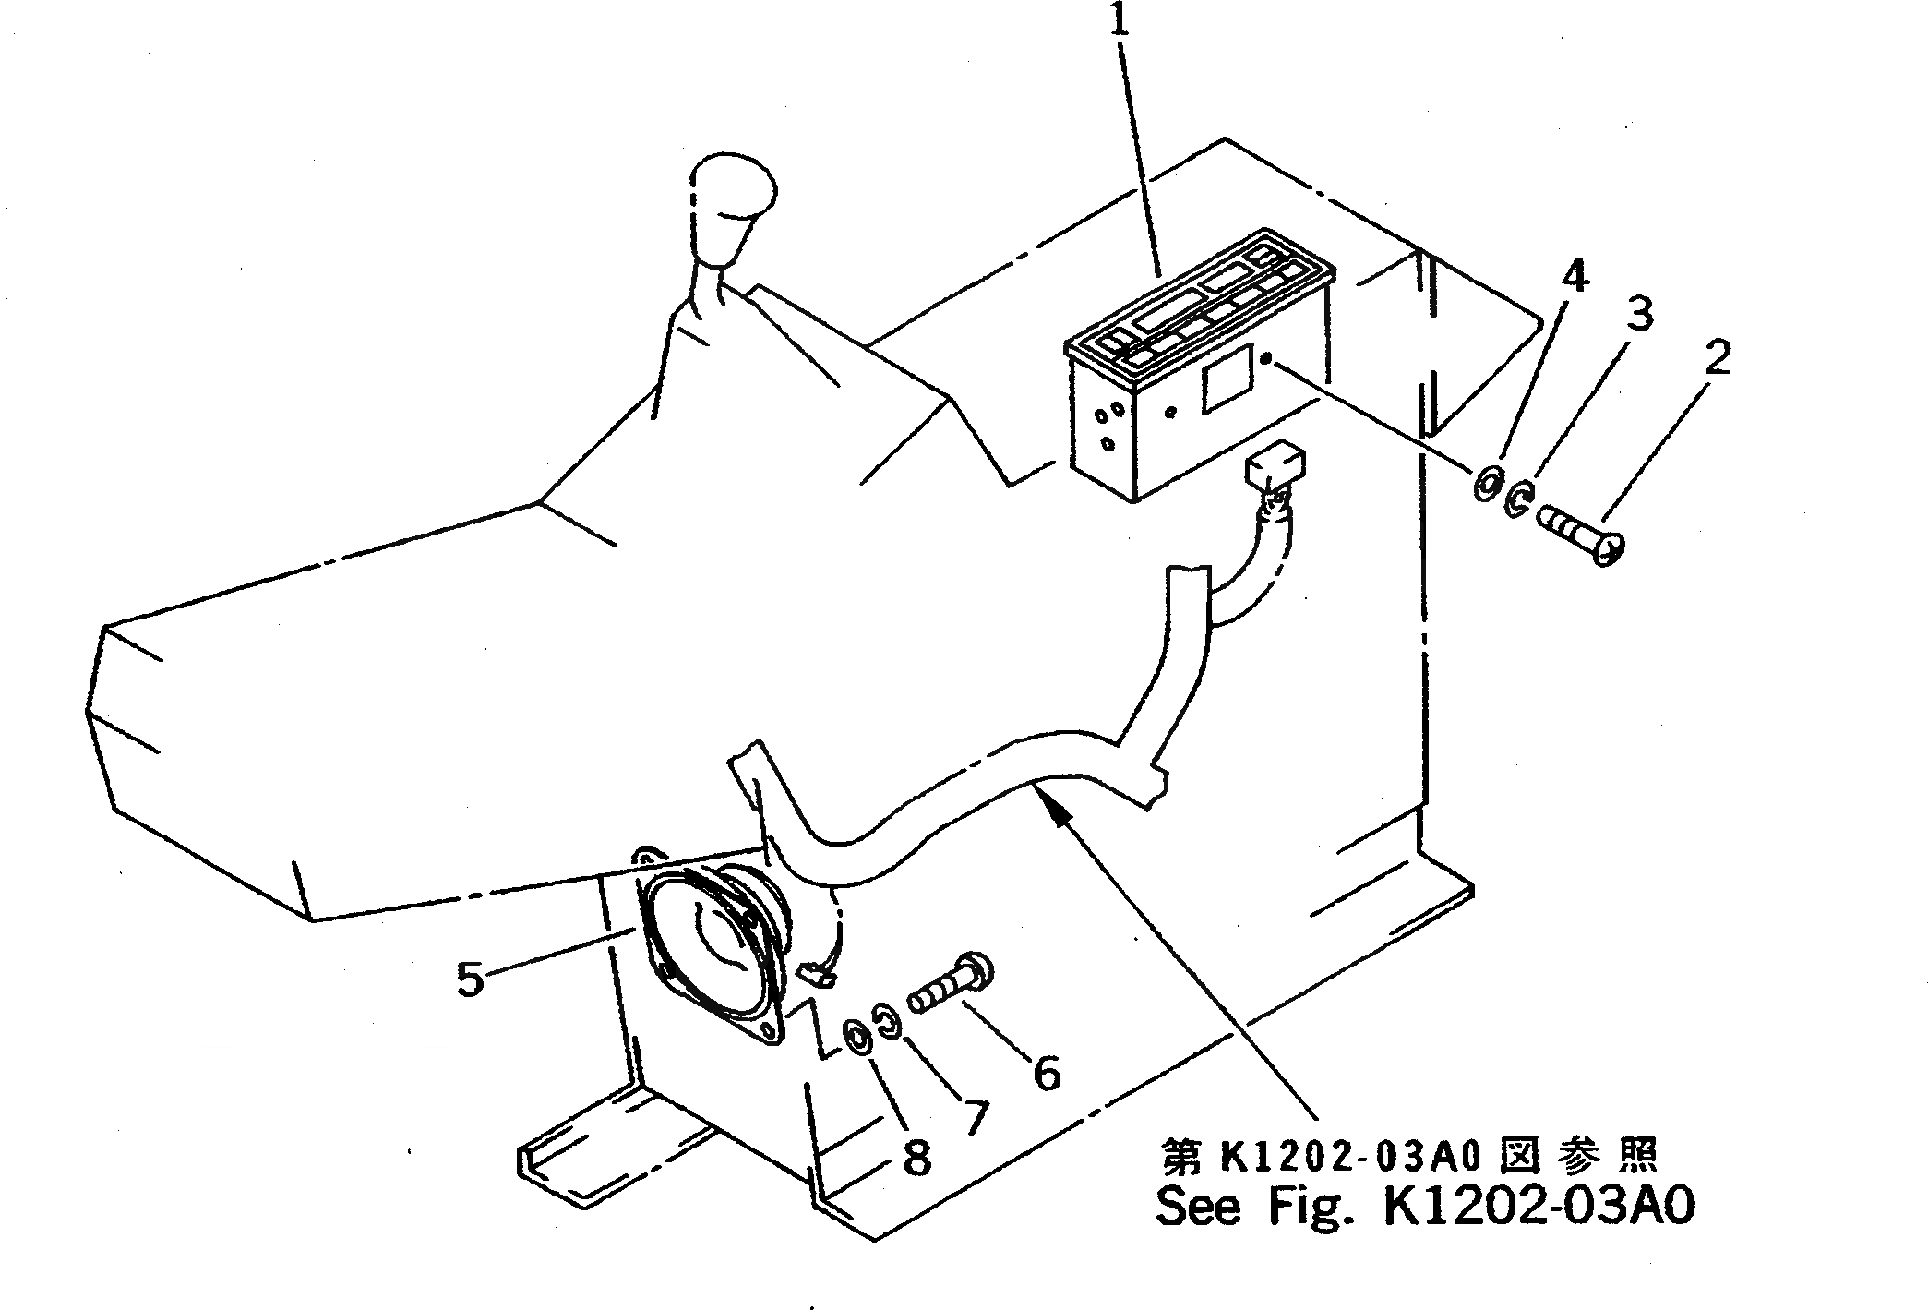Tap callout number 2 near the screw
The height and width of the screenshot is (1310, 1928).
coord(1717,358)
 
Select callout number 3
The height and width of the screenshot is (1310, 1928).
coord(1639,314)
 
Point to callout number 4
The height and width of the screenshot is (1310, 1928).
coord(1575,274)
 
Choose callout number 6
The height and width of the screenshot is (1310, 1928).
coord(1046,1073)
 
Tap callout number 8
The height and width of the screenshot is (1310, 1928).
coord(916,1157)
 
